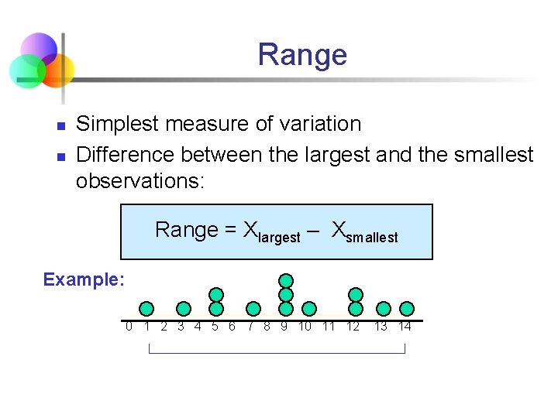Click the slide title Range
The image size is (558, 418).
tap(301, 55)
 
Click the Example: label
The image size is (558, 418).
tap(84, 279)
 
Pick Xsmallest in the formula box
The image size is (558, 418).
tap(364, 231)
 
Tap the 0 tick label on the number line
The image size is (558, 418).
tap(129, 327)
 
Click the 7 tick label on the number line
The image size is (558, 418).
tap(250, 327)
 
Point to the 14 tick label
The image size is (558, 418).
tap(405, 327)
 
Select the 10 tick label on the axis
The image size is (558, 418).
tap(305, 327)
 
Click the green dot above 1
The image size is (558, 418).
tap(146, 309)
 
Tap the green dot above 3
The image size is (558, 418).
tap(184, 309)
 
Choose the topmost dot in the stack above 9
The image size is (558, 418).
tap(286, 280)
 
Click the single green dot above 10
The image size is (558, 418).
tap(308, 309)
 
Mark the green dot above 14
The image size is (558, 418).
tap(407, 309)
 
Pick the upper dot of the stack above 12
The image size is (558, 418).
tap(356, 294)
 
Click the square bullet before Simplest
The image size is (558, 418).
tap(59, 125)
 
